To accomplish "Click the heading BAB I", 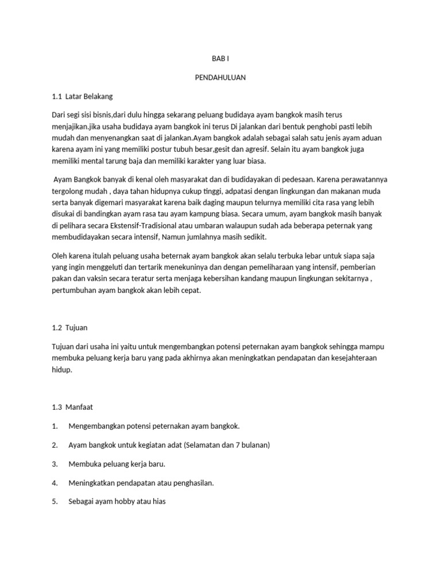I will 220,58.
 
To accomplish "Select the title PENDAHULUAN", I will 220,77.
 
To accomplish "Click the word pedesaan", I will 299,179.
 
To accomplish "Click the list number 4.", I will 55,483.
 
